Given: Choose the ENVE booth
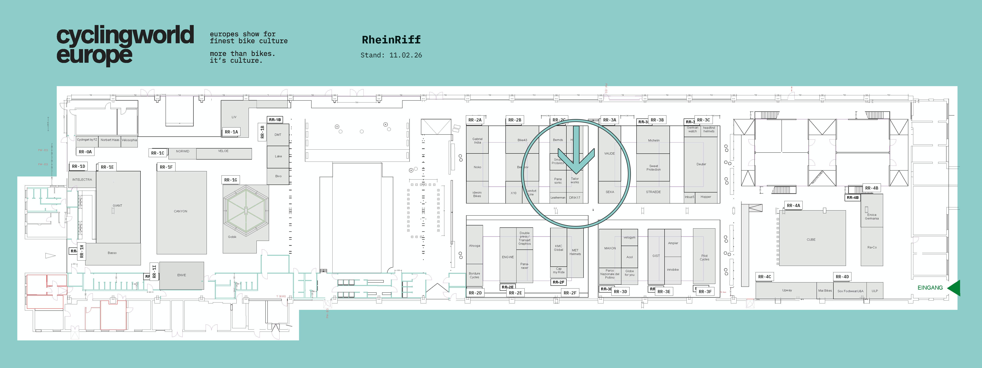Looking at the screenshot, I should pos(181,275).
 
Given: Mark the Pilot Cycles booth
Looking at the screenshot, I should pos(704,258).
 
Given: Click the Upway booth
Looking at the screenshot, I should pos(787,290).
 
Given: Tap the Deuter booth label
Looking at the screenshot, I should pos(701,164).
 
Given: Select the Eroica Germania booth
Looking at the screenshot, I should pos(872,216).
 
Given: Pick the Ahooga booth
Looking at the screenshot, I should pos(475,246).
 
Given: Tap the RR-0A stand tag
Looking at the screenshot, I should pos(85,152).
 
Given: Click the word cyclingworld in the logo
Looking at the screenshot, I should pos(125,36).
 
